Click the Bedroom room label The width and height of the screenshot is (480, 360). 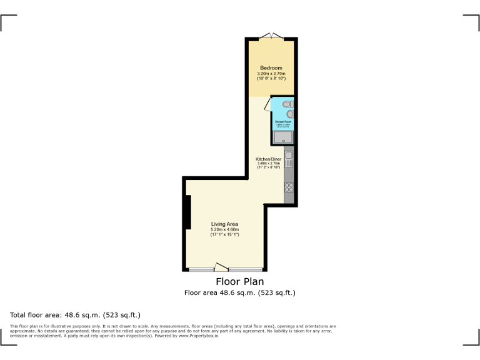[271, 67]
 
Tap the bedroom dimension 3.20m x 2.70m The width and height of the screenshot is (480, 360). [271, 73]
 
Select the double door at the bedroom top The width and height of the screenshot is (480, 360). [271, 35]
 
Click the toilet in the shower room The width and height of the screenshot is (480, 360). [287, 104]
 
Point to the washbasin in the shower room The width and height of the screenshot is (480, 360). [290, 114]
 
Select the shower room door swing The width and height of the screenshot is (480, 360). [268, 104]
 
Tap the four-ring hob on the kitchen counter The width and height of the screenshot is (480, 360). [289, 186]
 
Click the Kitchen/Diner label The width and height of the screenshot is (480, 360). [269, 159]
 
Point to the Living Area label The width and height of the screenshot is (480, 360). [224, 224]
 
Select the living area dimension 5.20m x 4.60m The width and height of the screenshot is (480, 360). [224, 229]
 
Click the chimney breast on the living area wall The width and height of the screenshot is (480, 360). [187, 212]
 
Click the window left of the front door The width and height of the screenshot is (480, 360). [201, 269]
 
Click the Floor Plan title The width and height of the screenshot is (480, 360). [240, 282]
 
